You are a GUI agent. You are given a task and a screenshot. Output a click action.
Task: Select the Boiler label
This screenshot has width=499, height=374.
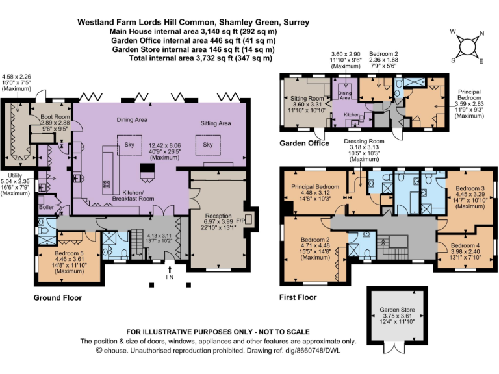pyautogui.click(x=47, y=207)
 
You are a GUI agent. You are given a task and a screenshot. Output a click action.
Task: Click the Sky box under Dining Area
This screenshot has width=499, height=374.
pyautogui.click(x=129, y=145)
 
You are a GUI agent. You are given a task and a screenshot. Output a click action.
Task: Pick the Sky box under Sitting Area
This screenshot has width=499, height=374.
pyautogui.click(x=208, y=145)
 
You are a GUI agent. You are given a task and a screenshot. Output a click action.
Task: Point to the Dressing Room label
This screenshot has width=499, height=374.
pyautogui.click(x=364, y=141)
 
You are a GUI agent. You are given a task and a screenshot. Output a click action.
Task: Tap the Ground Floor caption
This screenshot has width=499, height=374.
pyautogui.click(x=58, y=298)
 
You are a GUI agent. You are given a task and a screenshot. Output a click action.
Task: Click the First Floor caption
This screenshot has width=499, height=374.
pyautogui.click(x=298, y=297)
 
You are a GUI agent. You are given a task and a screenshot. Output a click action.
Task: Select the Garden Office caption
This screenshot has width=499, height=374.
pyautogui.click(x=304, y=143)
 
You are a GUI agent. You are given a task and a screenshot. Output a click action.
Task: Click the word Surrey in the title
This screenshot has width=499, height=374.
pyautogui.click(x=294, y=22)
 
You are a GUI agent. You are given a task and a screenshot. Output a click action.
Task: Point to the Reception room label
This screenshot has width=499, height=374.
pyautogui.click(x=222, y=216)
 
